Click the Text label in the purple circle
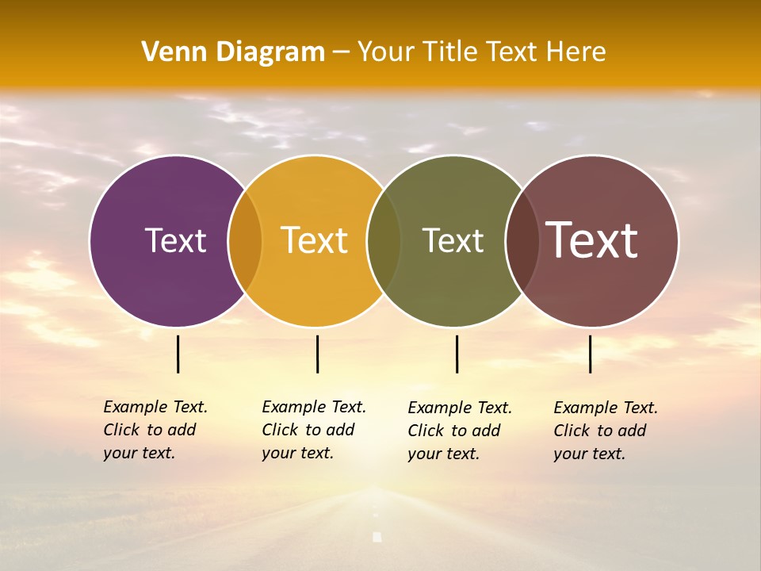point(175,241)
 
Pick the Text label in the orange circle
point(315,241)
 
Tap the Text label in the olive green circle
point(453,241)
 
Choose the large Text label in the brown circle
point(592,240)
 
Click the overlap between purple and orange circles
point(245,241)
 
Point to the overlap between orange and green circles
point(384,241)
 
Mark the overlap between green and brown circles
point(522,241)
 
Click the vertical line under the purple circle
point(178,354)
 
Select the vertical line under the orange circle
point(317,354)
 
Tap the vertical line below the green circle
point(457,354)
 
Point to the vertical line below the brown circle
point(590,354)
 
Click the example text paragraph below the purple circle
point(155,430)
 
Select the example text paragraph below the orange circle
point(313,430)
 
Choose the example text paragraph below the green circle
point(459,431)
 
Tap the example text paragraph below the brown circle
point(605,431)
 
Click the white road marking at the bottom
point(377,537)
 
